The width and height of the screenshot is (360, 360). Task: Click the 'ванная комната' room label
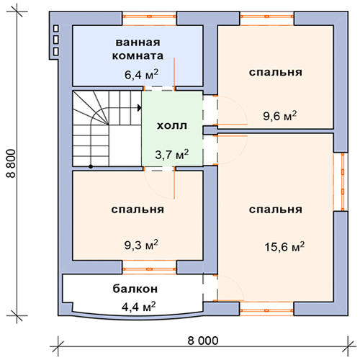click(x=138, y=49)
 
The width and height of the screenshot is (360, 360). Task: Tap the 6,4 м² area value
click(x=141, y=74)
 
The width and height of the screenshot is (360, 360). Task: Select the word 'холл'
click(x=172, y=126)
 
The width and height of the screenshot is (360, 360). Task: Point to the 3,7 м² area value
click(x=171, y=155)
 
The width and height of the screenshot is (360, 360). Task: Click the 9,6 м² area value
click(x=280, y=116)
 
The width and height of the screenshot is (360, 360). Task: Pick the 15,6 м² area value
click(x=284, y=247)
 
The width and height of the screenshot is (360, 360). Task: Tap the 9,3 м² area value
click(x=141, y=245)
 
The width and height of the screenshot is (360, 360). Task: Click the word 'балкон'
click(x=135, y=289)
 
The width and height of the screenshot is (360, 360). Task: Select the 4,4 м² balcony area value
click(x=138, y=307)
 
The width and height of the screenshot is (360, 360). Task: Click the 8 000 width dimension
click(x=203, y=341)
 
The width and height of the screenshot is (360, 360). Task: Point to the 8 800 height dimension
click(x=12, y=163)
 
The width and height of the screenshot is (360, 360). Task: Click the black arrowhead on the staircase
click(x=140, y=108)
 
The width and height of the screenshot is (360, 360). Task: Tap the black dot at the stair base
click(x=91, y=166)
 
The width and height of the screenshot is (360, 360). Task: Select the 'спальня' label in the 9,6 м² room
click(x=275, y=73)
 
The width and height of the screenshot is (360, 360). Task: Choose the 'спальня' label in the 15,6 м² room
click(x=275, y=210)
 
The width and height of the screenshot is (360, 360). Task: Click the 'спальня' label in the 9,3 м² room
click(x=138, y=210)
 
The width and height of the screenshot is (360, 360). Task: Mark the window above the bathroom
click(x=150, y=17)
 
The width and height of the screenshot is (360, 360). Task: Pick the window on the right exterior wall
click(x=343, y=181)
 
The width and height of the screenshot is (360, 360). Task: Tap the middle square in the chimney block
click(x=56, y=40)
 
